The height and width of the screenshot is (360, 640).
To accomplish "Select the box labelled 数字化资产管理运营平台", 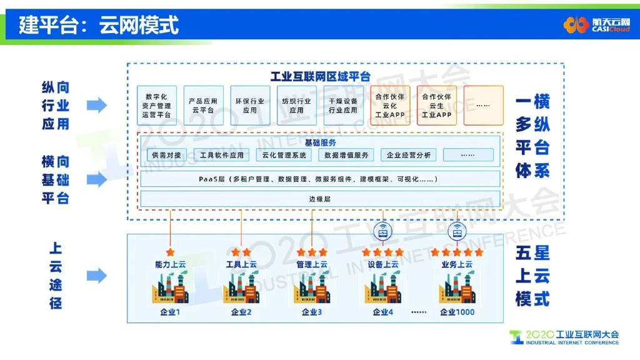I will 156,106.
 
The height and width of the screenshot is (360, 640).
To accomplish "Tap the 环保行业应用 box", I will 250,106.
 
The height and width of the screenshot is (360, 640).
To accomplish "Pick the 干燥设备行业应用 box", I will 343,106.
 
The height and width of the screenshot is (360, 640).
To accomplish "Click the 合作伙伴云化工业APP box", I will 390,106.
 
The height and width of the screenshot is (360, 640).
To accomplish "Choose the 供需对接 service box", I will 166,155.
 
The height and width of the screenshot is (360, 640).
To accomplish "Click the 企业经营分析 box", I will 409,155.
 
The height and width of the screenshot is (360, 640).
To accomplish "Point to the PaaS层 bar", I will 320,179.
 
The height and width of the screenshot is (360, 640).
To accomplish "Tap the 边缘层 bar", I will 320,199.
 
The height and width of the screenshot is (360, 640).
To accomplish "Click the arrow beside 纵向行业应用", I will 96,105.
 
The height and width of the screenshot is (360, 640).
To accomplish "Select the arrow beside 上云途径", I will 96,275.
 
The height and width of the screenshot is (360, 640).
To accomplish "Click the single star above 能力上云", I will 170,252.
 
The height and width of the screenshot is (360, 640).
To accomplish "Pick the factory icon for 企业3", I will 312,288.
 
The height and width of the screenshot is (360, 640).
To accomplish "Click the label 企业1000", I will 457,312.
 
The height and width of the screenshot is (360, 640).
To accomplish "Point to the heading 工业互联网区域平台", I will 320,76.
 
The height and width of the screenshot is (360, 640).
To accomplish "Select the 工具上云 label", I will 241,264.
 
